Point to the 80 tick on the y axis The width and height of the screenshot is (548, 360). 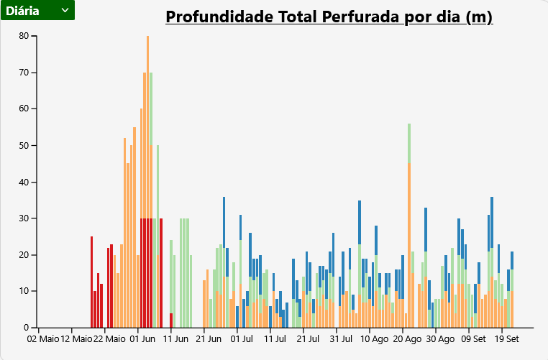point(24,36)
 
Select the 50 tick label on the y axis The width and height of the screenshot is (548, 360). point(24,145)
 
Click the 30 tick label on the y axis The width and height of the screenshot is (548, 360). point(24,218)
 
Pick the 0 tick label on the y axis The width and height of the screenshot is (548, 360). point(26,328)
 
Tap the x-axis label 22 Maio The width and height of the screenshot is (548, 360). point(109,338)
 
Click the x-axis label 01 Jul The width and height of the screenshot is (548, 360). point(242,338)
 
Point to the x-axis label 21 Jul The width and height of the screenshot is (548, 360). point(307,338)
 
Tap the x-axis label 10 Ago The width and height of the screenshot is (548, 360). point(374,338)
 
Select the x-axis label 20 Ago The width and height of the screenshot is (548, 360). point(407,338)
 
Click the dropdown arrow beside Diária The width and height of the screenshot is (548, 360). point(65,10)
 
